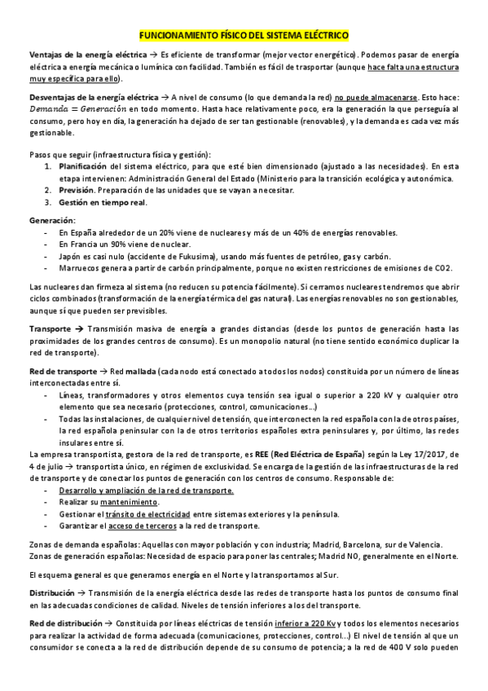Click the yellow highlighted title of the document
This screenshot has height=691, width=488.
(x=244, y=36)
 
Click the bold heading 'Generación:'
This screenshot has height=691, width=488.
(x=52, y=220)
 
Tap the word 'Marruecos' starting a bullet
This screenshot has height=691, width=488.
(x=79, y=267)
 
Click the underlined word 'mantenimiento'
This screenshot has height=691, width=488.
(x=134, y=503)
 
